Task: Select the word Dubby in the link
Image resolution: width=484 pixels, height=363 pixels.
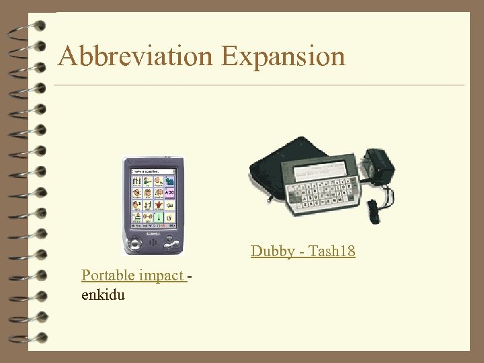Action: click(272, 251)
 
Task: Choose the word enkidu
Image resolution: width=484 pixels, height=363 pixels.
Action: click(103, 294)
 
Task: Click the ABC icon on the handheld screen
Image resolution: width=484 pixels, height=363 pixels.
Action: click(170, 193)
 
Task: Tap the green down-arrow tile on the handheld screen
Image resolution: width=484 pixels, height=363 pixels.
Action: click(159, 218)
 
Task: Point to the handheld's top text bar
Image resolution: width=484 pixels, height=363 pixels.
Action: click(153, 171)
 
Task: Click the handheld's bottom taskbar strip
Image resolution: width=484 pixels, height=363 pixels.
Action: click(153, 227)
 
